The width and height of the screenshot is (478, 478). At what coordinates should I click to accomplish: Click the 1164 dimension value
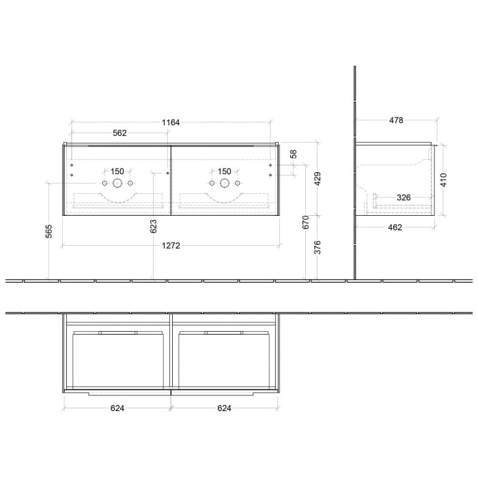tap(171, 122)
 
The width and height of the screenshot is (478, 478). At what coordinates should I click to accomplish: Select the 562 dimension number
tap(119, 133)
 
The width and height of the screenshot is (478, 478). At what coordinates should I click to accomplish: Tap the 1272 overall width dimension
tap(171, 246)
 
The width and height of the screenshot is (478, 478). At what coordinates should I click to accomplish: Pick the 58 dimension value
tap(294, 155)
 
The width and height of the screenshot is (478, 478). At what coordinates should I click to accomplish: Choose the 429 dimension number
tap(318, 179)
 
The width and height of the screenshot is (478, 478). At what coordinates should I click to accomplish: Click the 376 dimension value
tap(318, 248)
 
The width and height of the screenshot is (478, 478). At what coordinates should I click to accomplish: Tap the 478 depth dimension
tap(396, 120)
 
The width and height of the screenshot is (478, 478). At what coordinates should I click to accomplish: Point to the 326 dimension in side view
tap(404, 197)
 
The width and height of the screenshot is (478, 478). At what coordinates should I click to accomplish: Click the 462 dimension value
tap(395, 227)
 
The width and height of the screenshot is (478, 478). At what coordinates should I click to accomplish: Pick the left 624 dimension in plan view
tap(117, 408)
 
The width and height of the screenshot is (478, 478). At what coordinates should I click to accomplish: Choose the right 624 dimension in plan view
tap(224, 408)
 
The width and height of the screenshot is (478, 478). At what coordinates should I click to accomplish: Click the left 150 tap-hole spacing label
tap(117, 171)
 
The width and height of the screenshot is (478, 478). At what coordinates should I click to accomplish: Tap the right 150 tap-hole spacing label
tap(224, 171)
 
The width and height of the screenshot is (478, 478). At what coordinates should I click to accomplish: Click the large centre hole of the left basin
tap(117, 183)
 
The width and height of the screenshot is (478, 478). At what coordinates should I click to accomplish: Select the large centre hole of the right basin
tap(224, 183)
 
